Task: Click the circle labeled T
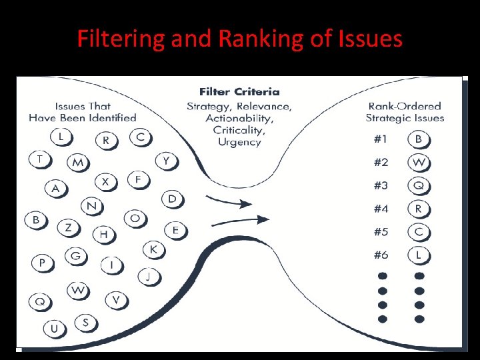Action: click(x=41, y=159)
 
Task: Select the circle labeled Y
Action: click(x=166, y=160)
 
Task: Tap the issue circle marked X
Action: click(x=105, y=181)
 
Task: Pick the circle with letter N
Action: click(x=91, y=206)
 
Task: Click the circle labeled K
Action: click(x=153, y=249)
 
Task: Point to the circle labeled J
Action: click(x=149, y=275)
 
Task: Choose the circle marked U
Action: click(x=54, y=328)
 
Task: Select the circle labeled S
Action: click(x=85, y=323)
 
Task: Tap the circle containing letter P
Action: click(x=43, y=263)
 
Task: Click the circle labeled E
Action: click(x=175, y=230)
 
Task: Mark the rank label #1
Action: click(x=381, y=139)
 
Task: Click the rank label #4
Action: click(x=381, y=209)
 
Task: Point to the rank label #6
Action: click(x=381, y=255)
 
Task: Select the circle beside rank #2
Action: click(x=419, y=163)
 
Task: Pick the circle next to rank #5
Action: click(x=419, y=232)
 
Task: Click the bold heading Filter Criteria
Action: click(x=239, y=91)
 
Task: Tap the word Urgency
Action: click(x=239, y=142)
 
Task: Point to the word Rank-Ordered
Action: click(x=405, y=106)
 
